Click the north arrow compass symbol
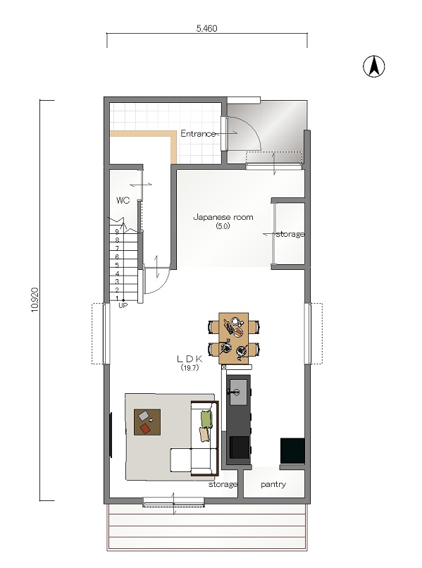pyautogui.click(x=374, y=66)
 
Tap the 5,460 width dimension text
pyautogui.click(x=207, y=28)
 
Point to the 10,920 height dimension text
pyautogui.click(x=35, y=300)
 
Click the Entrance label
pyautogui.click(x=198, y=133)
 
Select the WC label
pyautogui.click(x=123, y=200)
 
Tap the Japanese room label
pyautogui.click(x=223, y=217)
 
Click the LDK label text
pyautogui.click(x=190, y=359)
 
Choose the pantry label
pyautogui.click(x=273, y=484)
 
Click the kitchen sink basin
pyautogui.click(x=238, y=392)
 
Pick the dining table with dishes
pyautogui.click(x=234, y=338)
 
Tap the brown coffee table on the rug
pyautogui.click(x=147, y=422)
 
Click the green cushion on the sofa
pyautogui.click(x=206, y=419)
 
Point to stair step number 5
pyautogui.click(x=117, y=265)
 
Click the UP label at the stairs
pyautogui.click(x=123, y=305)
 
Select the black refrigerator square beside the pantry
pyautogui.click(x=292, y=450)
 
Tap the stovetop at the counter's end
pyautogui.click(x=240, y=447)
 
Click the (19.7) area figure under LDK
pyautogui.click(x=190, y=367)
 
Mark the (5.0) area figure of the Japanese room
pyautogui.click(x=223, y=226)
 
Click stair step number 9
pyautogui.click(x=117, y=231)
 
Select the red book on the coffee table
pyautogui.click(x=146, y=428)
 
